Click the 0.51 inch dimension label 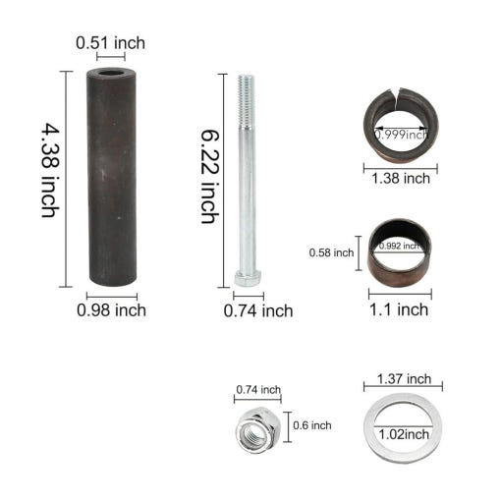point(110,43)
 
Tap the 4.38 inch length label point(50,170)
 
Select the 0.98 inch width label point(111,310)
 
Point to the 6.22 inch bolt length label point(209,177)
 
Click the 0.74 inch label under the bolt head point(258,311)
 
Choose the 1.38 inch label point(401,179)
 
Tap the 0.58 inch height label point(331,252)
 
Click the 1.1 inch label point(399,309)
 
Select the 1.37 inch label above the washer point(404,379)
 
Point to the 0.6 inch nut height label point(312,425)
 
